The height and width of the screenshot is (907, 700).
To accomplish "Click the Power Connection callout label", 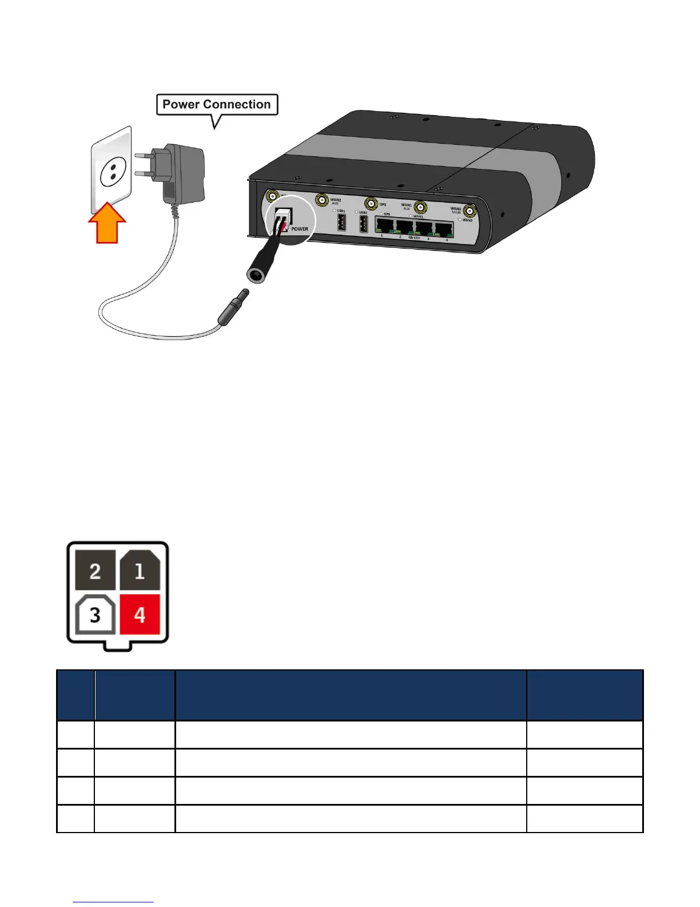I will (217, 105).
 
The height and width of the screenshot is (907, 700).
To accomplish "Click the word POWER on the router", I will (300, 229).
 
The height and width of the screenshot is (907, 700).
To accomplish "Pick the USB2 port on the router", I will (363, 224).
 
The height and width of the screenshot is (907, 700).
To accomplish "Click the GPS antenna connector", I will (372, 204).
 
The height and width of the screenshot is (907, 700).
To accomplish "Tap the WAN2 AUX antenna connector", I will (321, 200).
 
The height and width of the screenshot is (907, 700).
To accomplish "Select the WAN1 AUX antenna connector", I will (420, 207).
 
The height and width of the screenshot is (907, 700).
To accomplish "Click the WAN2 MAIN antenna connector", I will (470, 211).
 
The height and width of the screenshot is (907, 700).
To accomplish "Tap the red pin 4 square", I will (140, 614).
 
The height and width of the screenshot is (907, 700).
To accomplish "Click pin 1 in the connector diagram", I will (140, 570).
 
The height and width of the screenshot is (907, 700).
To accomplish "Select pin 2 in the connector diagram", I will (96, 570).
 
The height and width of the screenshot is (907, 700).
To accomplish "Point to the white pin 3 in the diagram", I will (96, 614).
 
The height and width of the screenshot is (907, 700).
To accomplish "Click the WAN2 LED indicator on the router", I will (460, 220).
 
